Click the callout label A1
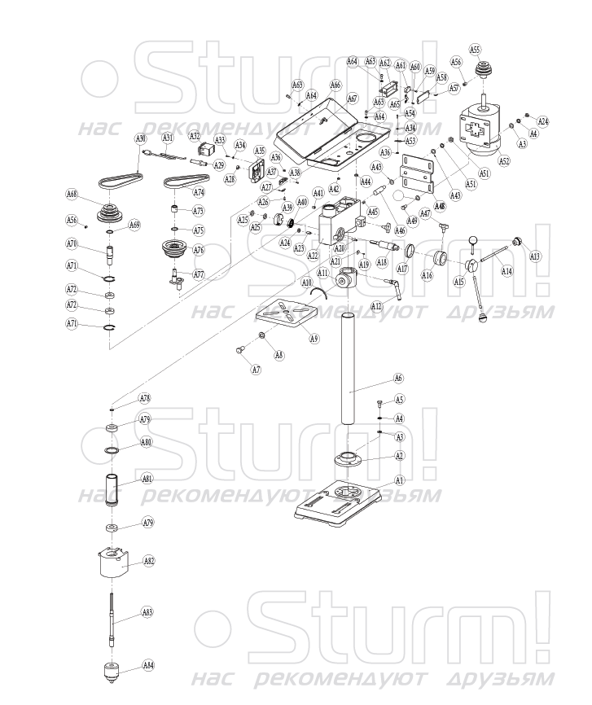(399, 480)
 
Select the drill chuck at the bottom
(110, 672)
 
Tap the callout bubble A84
(147, 665)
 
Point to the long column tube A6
(349, 366)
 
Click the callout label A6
(399, 378)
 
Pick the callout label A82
(149, 561)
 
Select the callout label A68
(72, 194)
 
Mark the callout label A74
(199, 192)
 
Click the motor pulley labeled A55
(486, 69)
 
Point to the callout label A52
(504, 161)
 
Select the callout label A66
(335, 85)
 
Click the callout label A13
(535, 256)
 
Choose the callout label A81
(147, 479)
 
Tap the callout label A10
(307, 282)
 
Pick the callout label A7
(256, 370)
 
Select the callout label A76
(199, 251)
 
